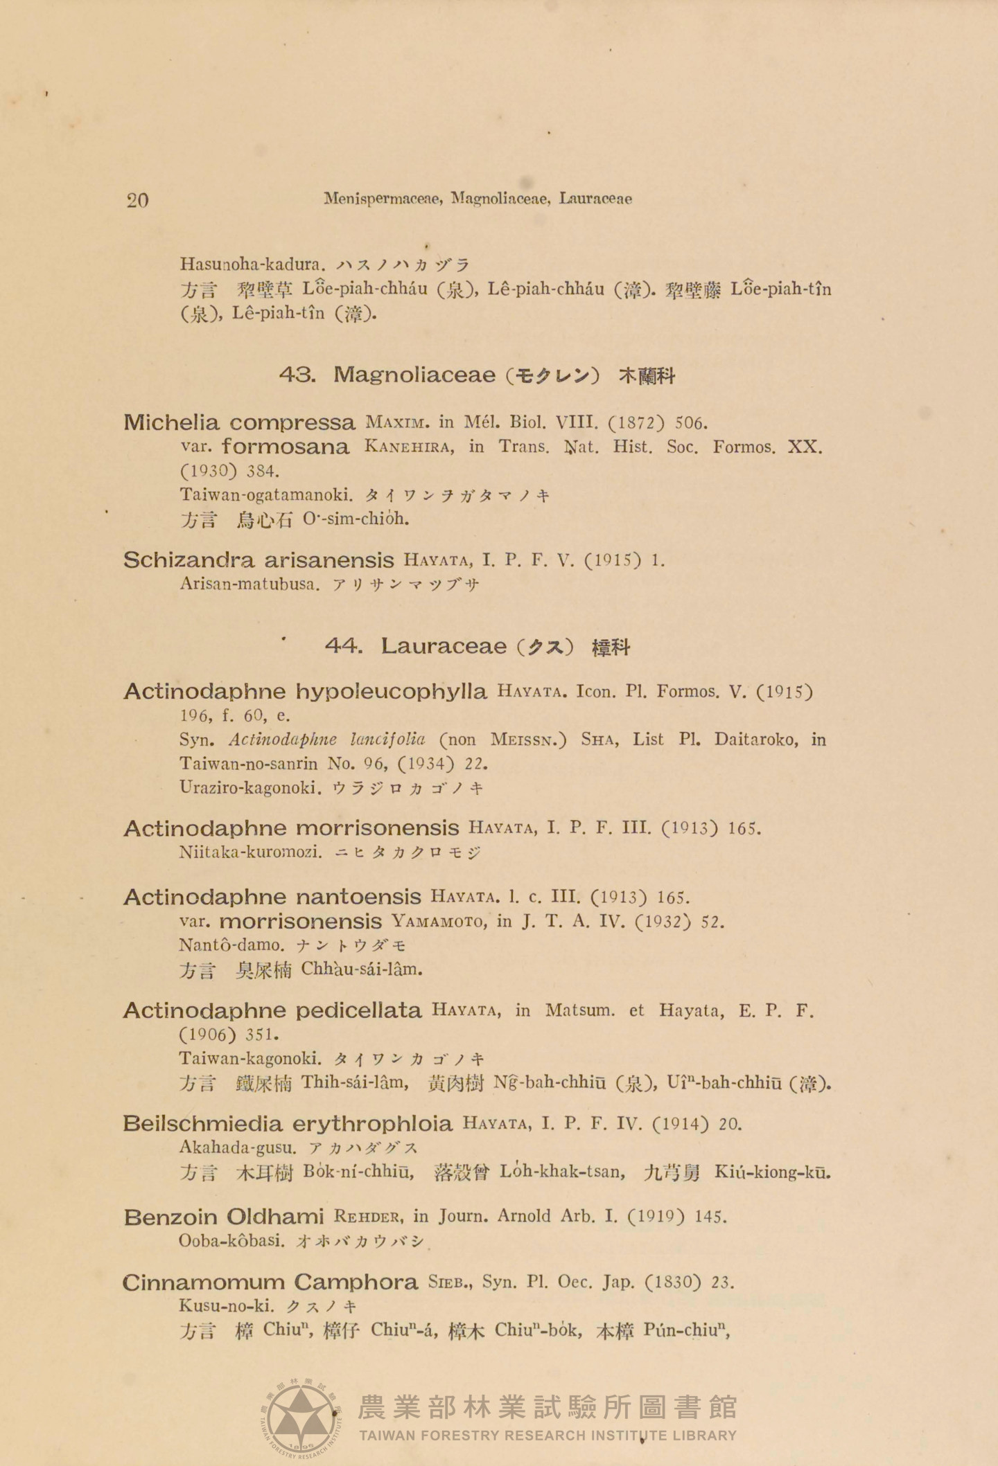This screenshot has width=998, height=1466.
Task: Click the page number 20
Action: click(x=137, y=201)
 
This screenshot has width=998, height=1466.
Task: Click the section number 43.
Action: click(x=298, y=375)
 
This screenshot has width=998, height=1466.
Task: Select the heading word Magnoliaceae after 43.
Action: click(x=414, y=375)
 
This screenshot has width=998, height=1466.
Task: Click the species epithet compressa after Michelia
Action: click(x=292, y=422)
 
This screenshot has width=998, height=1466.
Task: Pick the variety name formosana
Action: click(x=286, y=447)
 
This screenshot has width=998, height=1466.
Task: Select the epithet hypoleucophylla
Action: click(x=392, y=691)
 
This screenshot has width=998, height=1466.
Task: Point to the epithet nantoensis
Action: click(x=358, y=897)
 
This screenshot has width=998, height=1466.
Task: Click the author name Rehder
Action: click(x=369, y=1217)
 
